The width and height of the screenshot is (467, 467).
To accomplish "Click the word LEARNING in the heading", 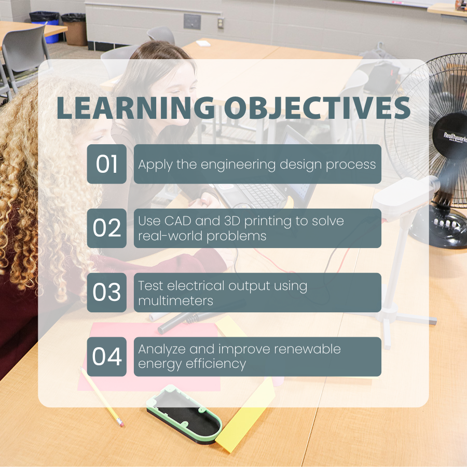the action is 136,108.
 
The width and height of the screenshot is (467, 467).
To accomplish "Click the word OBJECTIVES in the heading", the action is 317,108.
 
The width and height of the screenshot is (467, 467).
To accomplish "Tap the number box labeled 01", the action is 106,164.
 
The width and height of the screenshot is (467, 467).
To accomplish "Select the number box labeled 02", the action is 106,228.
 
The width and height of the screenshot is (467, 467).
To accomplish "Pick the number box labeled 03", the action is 106,293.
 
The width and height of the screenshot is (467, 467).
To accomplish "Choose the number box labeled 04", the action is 106,356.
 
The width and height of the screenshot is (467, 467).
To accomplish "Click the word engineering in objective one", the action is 238,165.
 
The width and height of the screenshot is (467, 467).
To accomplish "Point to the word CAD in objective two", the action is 178,221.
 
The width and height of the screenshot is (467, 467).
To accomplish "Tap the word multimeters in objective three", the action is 176,301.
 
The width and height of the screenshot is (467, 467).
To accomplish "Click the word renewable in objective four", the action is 307,349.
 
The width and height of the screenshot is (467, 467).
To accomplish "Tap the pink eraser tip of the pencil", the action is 120,422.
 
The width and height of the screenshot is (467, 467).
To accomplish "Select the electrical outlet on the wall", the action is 221,23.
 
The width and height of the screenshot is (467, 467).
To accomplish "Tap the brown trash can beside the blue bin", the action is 74,29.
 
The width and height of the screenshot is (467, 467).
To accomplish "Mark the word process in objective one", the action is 351,165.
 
